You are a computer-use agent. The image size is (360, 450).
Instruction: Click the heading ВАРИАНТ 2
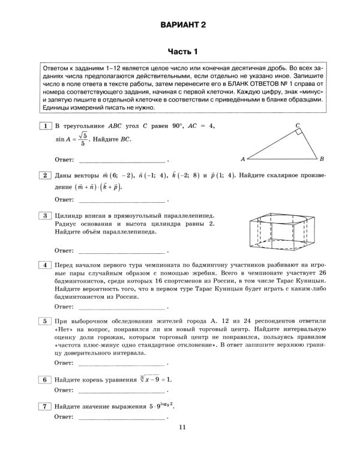coord(182,25)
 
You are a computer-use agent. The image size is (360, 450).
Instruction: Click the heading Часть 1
coord(182,51)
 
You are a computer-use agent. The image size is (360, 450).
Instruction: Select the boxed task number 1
coord(44,126)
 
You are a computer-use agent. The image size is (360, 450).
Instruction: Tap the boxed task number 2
coord(44,175)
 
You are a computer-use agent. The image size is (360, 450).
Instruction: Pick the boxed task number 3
coord(44,215)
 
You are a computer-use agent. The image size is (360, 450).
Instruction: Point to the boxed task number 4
coord(44,265)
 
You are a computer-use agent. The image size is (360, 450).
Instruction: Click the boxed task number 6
coord(44,380)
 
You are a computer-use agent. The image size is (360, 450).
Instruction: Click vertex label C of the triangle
coord(298,125)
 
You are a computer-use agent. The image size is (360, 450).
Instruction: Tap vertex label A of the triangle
coord(242,160)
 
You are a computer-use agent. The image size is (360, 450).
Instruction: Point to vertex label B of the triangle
coord(322,159)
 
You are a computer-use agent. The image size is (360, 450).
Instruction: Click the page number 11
coord(182,427)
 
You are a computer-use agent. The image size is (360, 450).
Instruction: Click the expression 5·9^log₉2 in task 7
coord(161,406)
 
